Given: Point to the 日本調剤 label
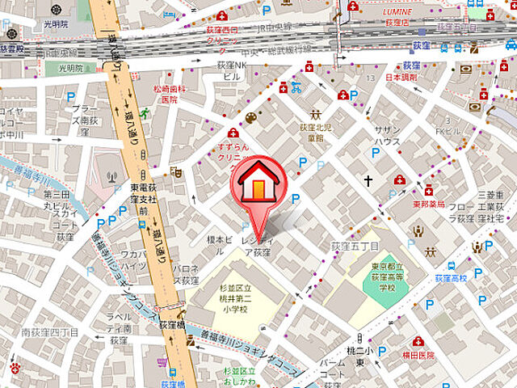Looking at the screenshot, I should coord(401,78).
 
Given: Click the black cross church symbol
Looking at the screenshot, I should coord(368,181).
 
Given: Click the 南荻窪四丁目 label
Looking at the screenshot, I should coord(49,331).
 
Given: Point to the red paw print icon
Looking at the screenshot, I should coord(15,368).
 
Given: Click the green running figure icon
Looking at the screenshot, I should coord(145,112).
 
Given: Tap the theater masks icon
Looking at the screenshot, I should coord(174,171).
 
